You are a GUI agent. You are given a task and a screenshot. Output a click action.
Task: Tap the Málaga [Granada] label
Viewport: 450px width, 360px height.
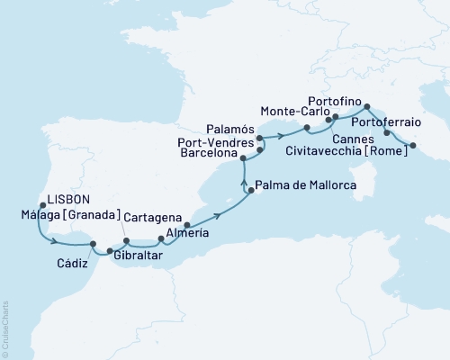click(61, 217)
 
